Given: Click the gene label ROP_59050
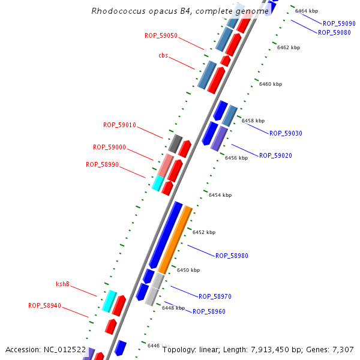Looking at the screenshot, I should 161,35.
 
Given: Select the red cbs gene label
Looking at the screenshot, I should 163,56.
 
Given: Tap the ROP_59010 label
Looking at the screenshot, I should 119,125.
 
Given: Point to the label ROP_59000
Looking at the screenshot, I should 109,147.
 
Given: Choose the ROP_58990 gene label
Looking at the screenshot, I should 102,164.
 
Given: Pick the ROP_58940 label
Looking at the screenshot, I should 44,305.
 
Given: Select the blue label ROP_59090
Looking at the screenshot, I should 339,23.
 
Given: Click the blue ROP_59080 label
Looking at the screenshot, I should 334,32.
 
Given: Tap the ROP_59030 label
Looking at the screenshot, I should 286,133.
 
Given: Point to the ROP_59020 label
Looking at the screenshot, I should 275,155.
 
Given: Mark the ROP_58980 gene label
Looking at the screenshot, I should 232,256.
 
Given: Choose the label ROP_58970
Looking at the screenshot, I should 215,296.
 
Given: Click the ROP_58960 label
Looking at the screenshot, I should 209,311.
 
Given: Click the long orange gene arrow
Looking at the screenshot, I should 175,240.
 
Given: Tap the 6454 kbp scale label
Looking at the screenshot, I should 220,195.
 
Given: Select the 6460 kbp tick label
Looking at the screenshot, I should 270,85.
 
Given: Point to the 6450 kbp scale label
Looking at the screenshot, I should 188,270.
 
